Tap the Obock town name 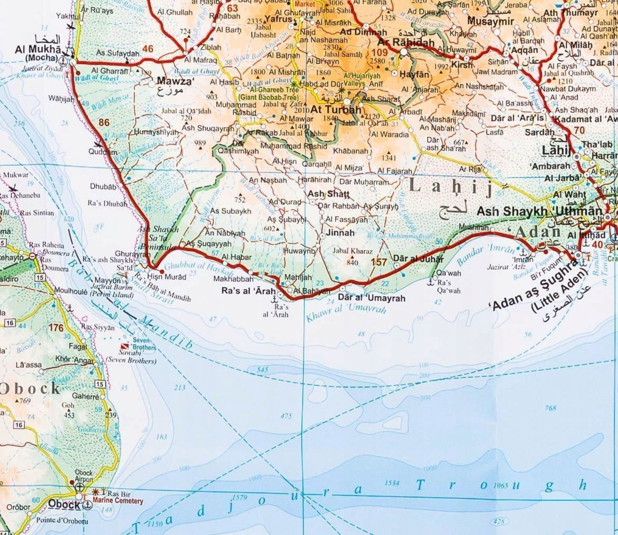64,504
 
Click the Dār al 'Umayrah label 371,298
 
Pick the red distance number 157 379,262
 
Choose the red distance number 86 104,122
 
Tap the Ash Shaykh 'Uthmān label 539,212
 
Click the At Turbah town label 335,110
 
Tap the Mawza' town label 175,81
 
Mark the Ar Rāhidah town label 406,42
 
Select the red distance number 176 56,328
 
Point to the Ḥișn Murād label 166,277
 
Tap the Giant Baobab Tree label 269,98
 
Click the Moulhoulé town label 70,291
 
